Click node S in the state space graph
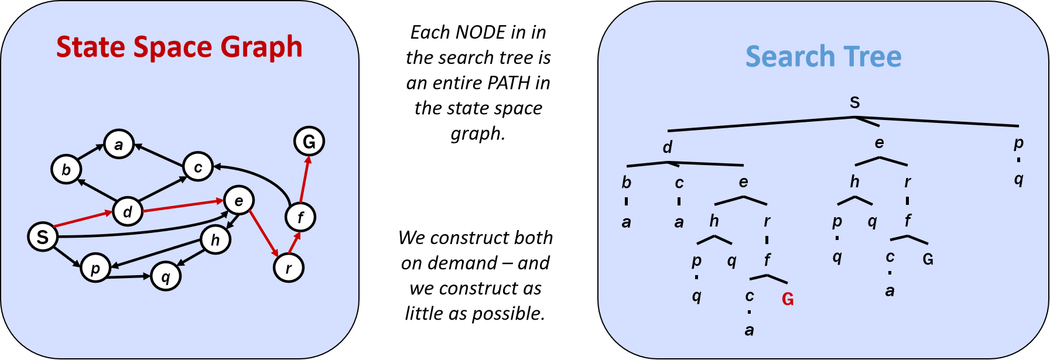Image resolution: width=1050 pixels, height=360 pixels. [43, 236]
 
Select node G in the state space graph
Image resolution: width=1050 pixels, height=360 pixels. [309, 141]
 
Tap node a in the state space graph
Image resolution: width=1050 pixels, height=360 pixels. [119, 145]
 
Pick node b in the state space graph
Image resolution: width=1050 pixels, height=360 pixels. [66, 169]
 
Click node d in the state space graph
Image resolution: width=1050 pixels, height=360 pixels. [128, 211]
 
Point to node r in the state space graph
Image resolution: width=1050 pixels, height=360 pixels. [288, 268]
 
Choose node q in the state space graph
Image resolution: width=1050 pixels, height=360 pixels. [166, 276]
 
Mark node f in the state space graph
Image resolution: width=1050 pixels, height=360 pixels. [300, 217]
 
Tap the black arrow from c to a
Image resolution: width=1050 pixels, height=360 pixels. [159, 155]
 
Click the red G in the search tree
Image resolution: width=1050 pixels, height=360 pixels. [788, 299]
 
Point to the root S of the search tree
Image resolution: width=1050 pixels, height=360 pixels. [854, 102]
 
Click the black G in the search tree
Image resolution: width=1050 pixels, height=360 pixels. [928, 259]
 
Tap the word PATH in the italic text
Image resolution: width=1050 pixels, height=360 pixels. [508, 83]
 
